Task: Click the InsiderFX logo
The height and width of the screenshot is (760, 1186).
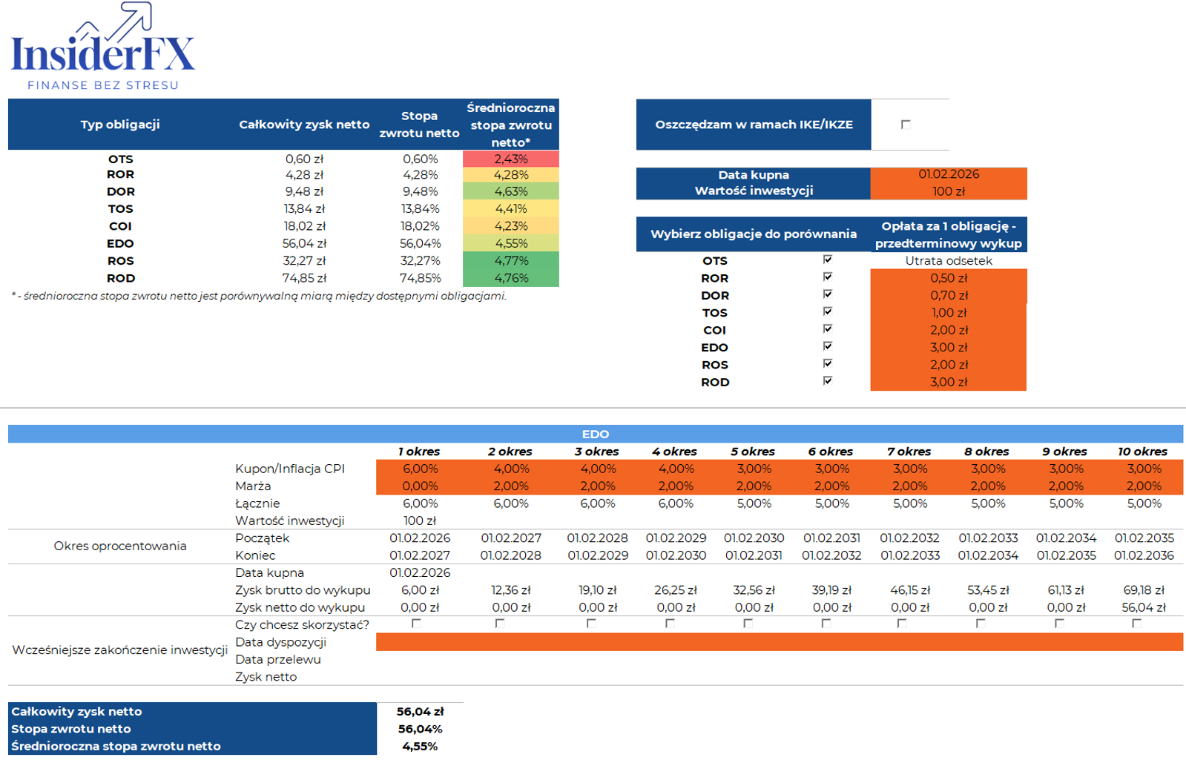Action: (102, 47)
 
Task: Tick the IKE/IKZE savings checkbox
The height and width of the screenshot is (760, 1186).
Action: (906, 125)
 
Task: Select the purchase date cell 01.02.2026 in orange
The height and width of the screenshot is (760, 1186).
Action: (949, 174)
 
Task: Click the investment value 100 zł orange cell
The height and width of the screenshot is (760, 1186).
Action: (949, 191)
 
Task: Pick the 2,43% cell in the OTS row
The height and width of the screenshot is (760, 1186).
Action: (511, 159)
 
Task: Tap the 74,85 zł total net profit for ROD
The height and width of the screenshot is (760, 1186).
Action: (304, 278)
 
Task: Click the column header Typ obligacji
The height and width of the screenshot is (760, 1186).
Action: (120, 125)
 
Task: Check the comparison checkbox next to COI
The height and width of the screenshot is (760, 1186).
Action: (828, 329)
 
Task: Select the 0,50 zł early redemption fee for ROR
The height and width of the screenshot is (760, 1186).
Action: (949, 278)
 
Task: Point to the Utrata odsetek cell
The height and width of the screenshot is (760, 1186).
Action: (949, 261)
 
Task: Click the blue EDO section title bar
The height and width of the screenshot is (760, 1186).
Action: (595, 434)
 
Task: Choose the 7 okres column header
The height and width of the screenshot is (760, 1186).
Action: (909, 452)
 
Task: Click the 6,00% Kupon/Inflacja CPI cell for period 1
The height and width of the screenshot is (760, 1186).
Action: (420, 469)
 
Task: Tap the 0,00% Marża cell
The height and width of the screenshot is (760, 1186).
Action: (420, 486)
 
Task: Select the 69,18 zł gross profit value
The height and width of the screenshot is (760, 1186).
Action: (1144, 590)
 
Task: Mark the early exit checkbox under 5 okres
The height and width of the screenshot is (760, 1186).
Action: (748, 624)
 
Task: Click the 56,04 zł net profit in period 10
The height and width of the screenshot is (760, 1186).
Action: (1144, 607)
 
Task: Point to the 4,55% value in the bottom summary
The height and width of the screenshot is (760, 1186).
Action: (420, 747)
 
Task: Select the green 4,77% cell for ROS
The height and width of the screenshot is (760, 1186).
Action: (511, 261)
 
